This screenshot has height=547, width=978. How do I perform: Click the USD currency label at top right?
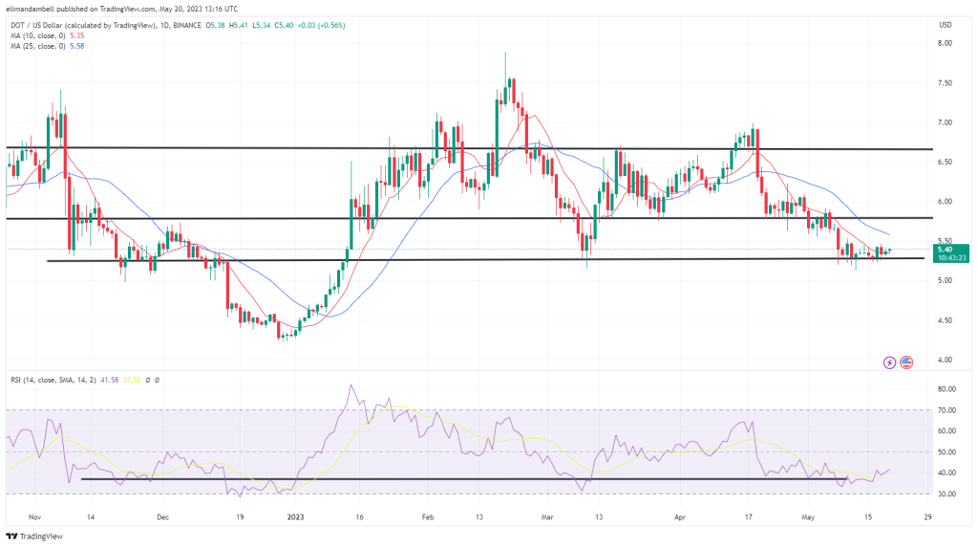[945, 24]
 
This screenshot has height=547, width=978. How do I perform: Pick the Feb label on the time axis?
[429, 516]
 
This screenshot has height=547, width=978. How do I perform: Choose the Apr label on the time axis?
[681, 516]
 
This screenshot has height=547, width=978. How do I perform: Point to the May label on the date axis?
[810, 516]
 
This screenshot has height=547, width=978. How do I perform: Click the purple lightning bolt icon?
[890, 362]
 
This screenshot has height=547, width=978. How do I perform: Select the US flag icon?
[906, 362]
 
